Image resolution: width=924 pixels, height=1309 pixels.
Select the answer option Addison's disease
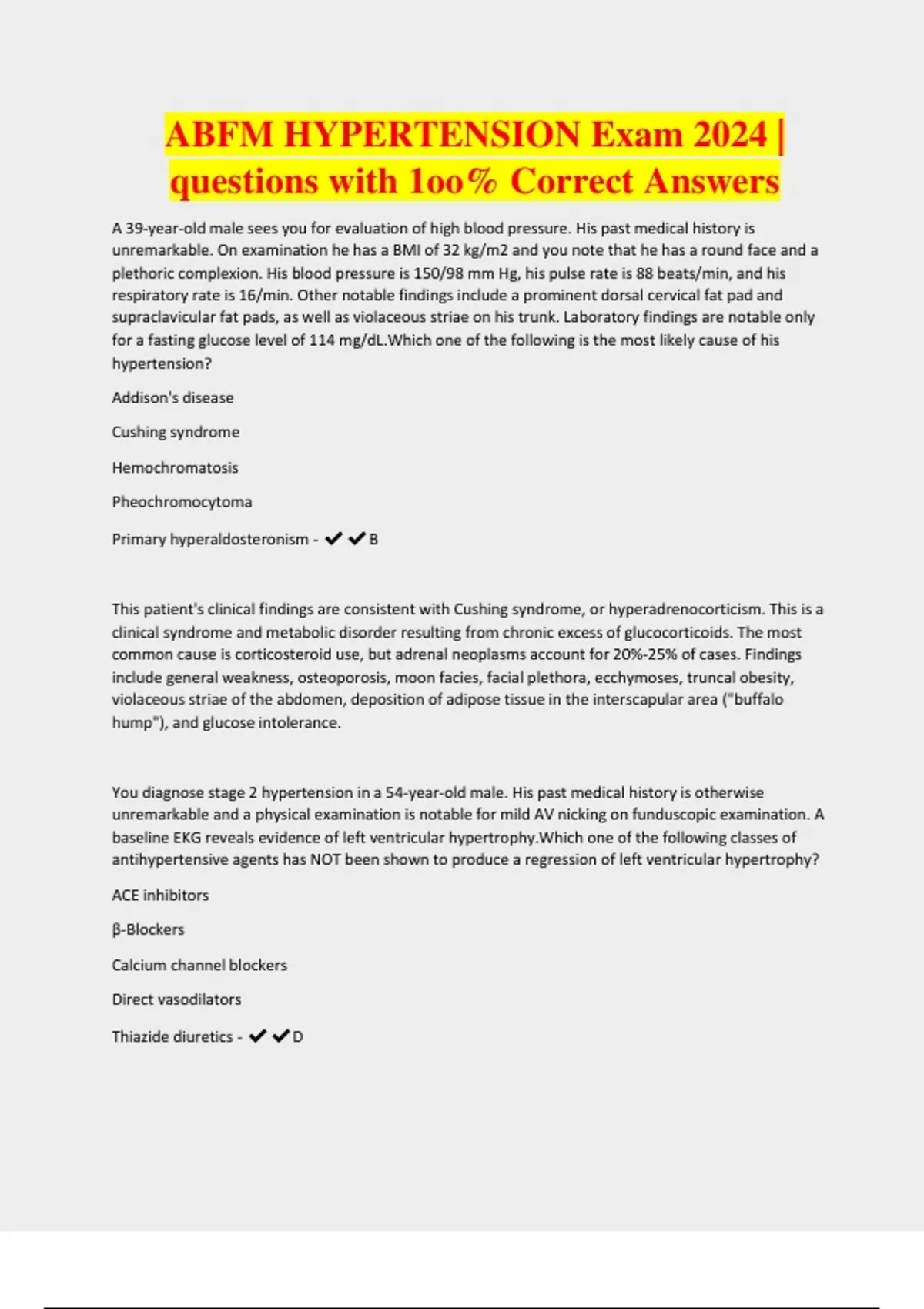pos(172,398)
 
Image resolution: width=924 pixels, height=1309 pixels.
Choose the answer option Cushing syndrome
pos(176,432)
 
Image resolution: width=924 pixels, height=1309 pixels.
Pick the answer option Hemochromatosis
pos(175,467)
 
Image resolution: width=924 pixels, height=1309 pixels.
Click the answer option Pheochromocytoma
pos(182,502)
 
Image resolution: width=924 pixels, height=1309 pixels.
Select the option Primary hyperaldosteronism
pos(210,539)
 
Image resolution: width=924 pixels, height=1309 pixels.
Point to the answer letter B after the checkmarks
pos(373,540)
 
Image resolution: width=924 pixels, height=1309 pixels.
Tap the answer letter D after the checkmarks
pos(298,1037)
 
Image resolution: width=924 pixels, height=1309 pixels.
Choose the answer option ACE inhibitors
pos(160,896)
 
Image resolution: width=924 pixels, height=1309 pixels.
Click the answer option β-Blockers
pos(148,929)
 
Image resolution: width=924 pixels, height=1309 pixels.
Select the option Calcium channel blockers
pos(199,965)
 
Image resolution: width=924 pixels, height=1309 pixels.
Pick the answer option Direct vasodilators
pos(176,999)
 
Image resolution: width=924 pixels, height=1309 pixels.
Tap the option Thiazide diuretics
pos(172,1036)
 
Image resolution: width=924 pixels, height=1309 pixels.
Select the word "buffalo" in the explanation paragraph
pos(758,700)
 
